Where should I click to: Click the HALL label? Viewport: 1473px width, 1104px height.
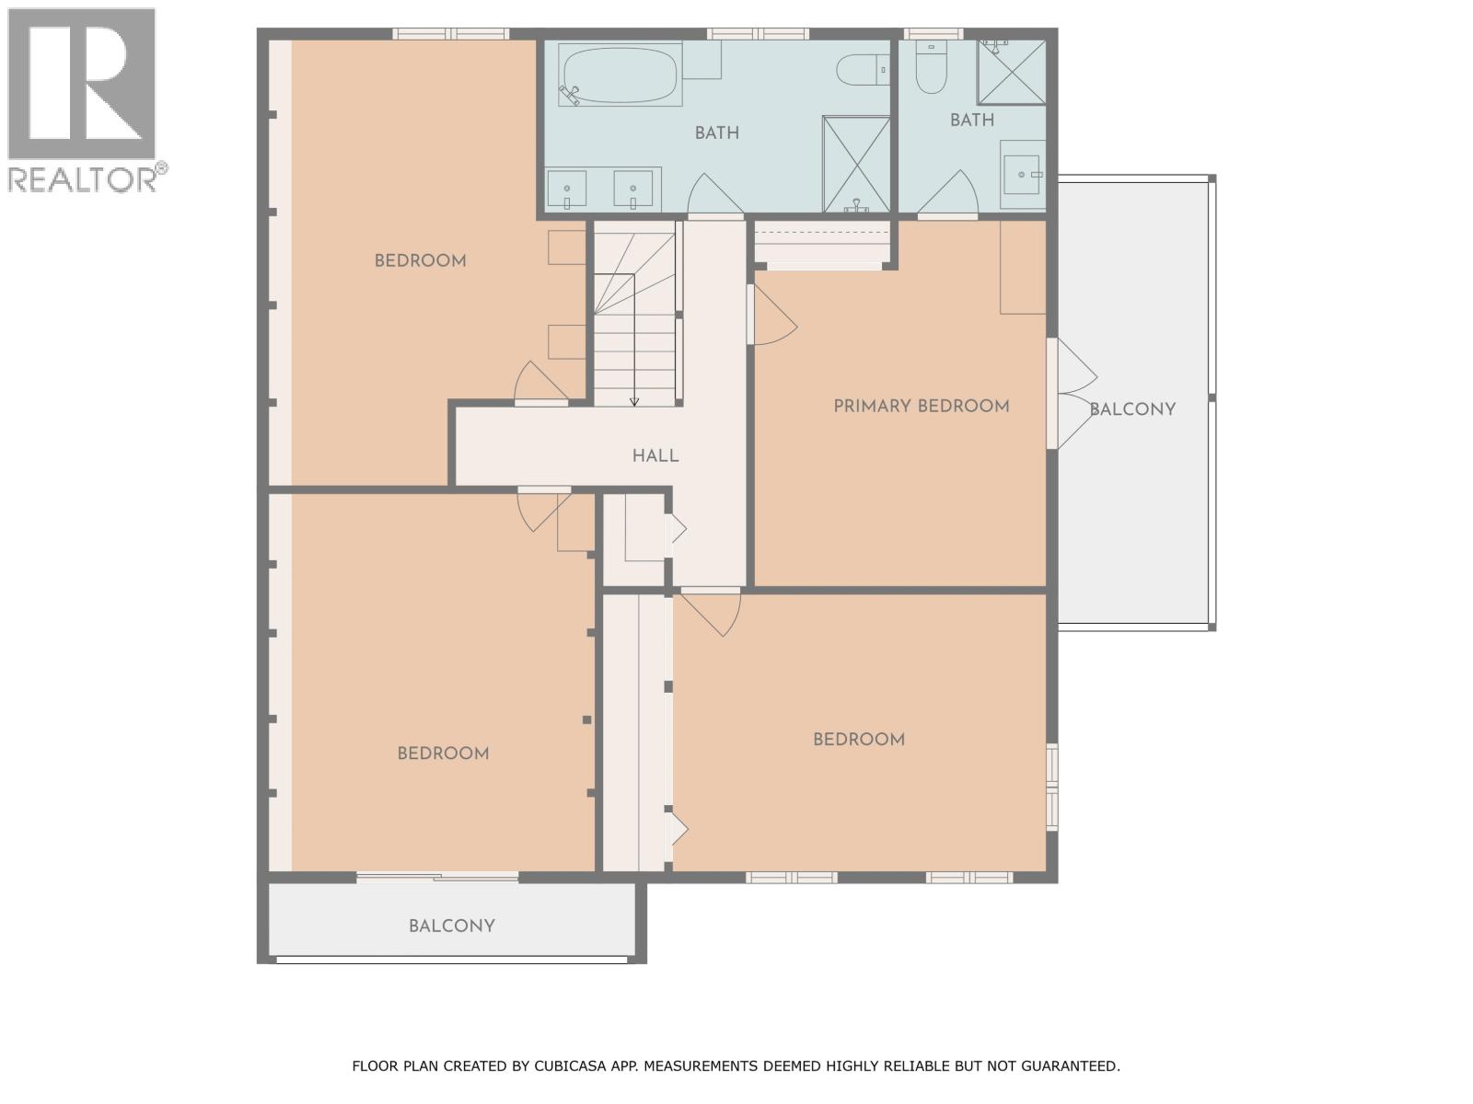[x=655, y=455]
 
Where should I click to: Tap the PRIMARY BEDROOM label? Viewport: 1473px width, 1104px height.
[x=921, y=406]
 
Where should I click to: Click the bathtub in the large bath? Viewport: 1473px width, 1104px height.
[x=619, y=75]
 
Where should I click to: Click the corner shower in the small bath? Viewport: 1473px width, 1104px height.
[x=1011, y=72]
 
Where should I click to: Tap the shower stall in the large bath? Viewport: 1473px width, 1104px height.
[x=856, y=164]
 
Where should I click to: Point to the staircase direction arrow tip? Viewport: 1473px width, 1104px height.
[x=634, y=402]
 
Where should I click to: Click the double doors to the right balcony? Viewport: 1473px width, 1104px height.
[x=1073, y=394]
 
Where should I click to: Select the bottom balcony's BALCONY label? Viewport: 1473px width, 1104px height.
[x=452, y=926]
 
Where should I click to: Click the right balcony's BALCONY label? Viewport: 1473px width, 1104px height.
[x=1132, y=409]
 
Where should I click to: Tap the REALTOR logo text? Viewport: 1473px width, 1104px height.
[x=83, y=179]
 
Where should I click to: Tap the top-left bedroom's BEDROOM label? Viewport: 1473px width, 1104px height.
[x=420, y=260]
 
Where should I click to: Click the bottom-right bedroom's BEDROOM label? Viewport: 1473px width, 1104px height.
[x=858, y=740]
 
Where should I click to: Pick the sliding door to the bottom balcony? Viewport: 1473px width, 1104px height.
[x=437, y=878]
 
